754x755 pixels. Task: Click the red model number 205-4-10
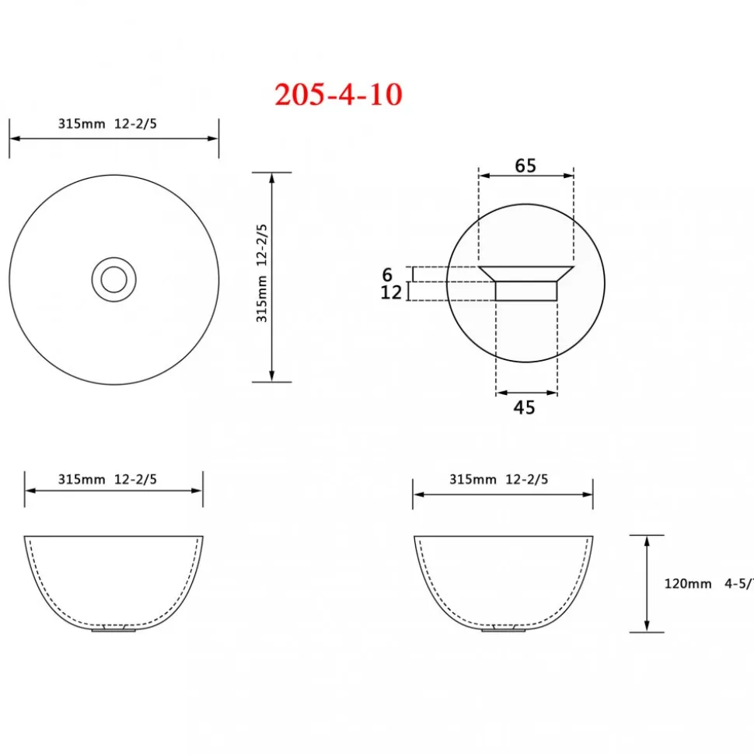click(x=338, y=94)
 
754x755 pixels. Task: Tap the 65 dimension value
click(x=525, y=166)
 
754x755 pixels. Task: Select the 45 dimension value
click(x=525, y=408)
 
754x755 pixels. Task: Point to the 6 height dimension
click(x=388, y=274)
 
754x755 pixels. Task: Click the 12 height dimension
click(x=391, y=292)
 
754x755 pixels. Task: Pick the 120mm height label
click(x=688, y=584)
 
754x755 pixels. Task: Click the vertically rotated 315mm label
click(x=261, y=273)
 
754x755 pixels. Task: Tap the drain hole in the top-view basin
click(x=114, y=279)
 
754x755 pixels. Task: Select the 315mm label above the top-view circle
click(x=82, y=124)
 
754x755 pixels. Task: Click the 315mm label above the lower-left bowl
click(x=82, y=479)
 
